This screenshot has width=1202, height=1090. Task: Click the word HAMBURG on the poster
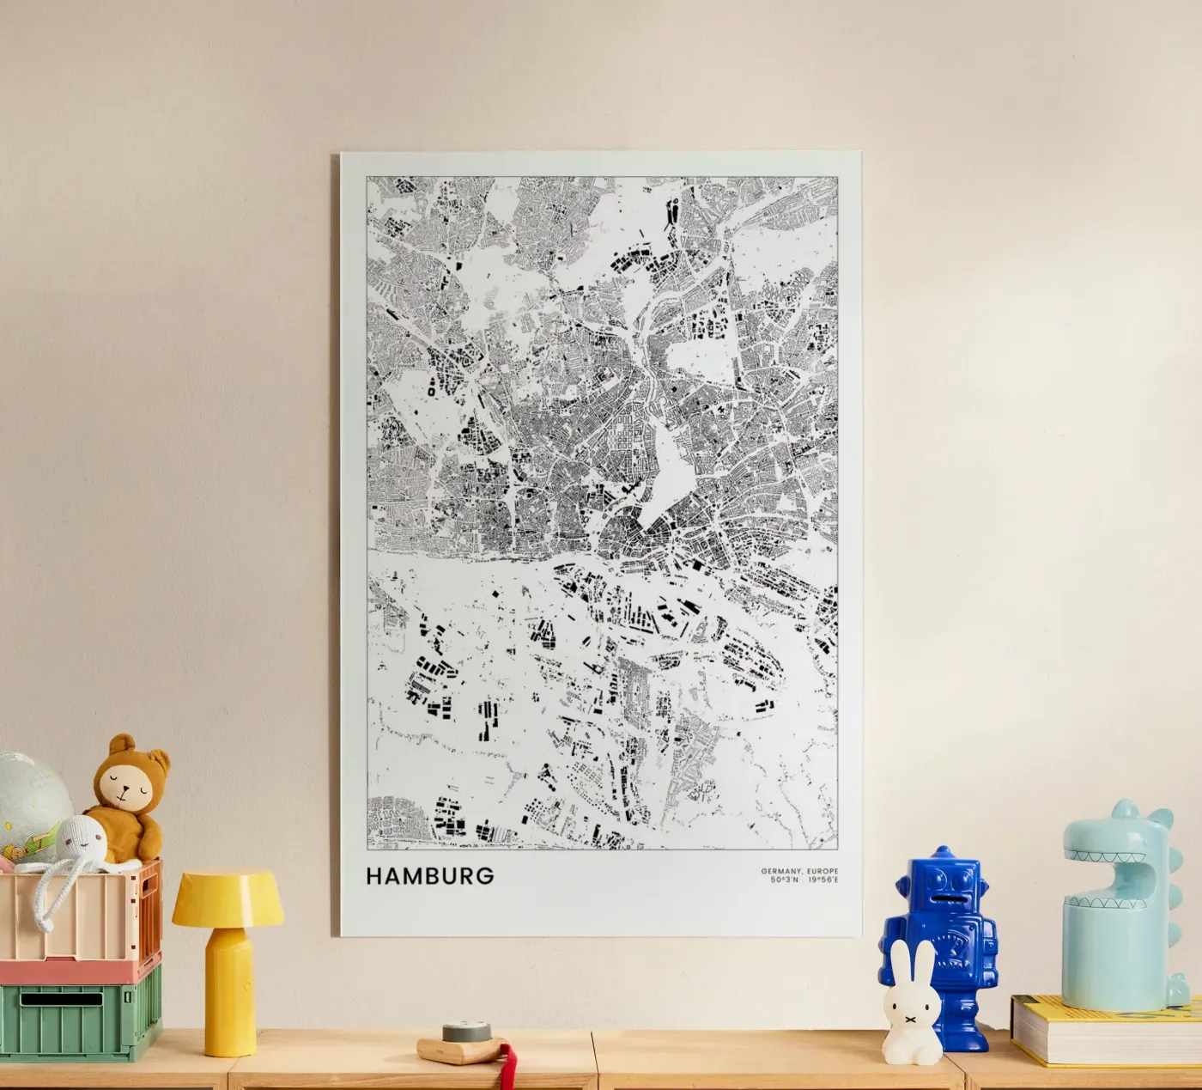(x=430, y=876)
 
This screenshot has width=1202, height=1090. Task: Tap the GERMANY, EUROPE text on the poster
(x=798, y=871)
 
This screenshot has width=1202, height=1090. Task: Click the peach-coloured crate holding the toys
(x=77, y=915)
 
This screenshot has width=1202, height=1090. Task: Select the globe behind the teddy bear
(x=30, y=795)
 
